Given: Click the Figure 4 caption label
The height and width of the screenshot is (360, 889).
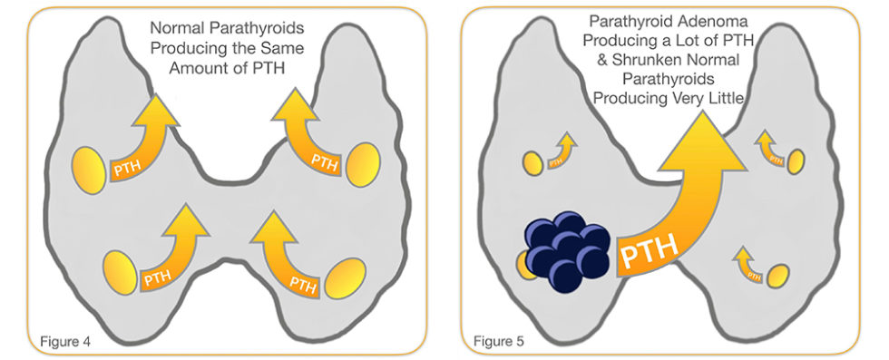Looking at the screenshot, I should coord(65,341).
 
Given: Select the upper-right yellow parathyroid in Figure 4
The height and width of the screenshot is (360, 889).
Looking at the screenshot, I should coord(363,164).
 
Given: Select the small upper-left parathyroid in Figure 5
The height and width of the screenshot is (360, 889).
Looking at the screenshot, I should coord(532,163).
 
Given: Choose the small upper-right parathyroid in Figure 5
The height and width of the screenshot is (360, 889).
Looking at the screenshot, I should coord(796,161).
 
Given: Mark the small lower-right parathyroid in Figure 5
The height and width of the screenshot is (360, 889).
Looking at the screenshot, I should coord(776,276).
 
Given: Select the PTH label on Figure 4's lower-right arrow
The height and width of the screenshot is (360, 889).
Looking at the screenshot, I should coord(304,282).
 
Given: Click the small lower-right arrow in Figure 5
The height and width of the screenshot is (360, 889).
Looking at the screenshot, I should coord(748,262).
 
